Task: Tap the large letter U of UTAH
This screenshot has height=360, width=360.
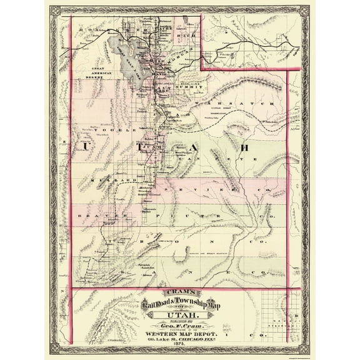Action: coord(83,146)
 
